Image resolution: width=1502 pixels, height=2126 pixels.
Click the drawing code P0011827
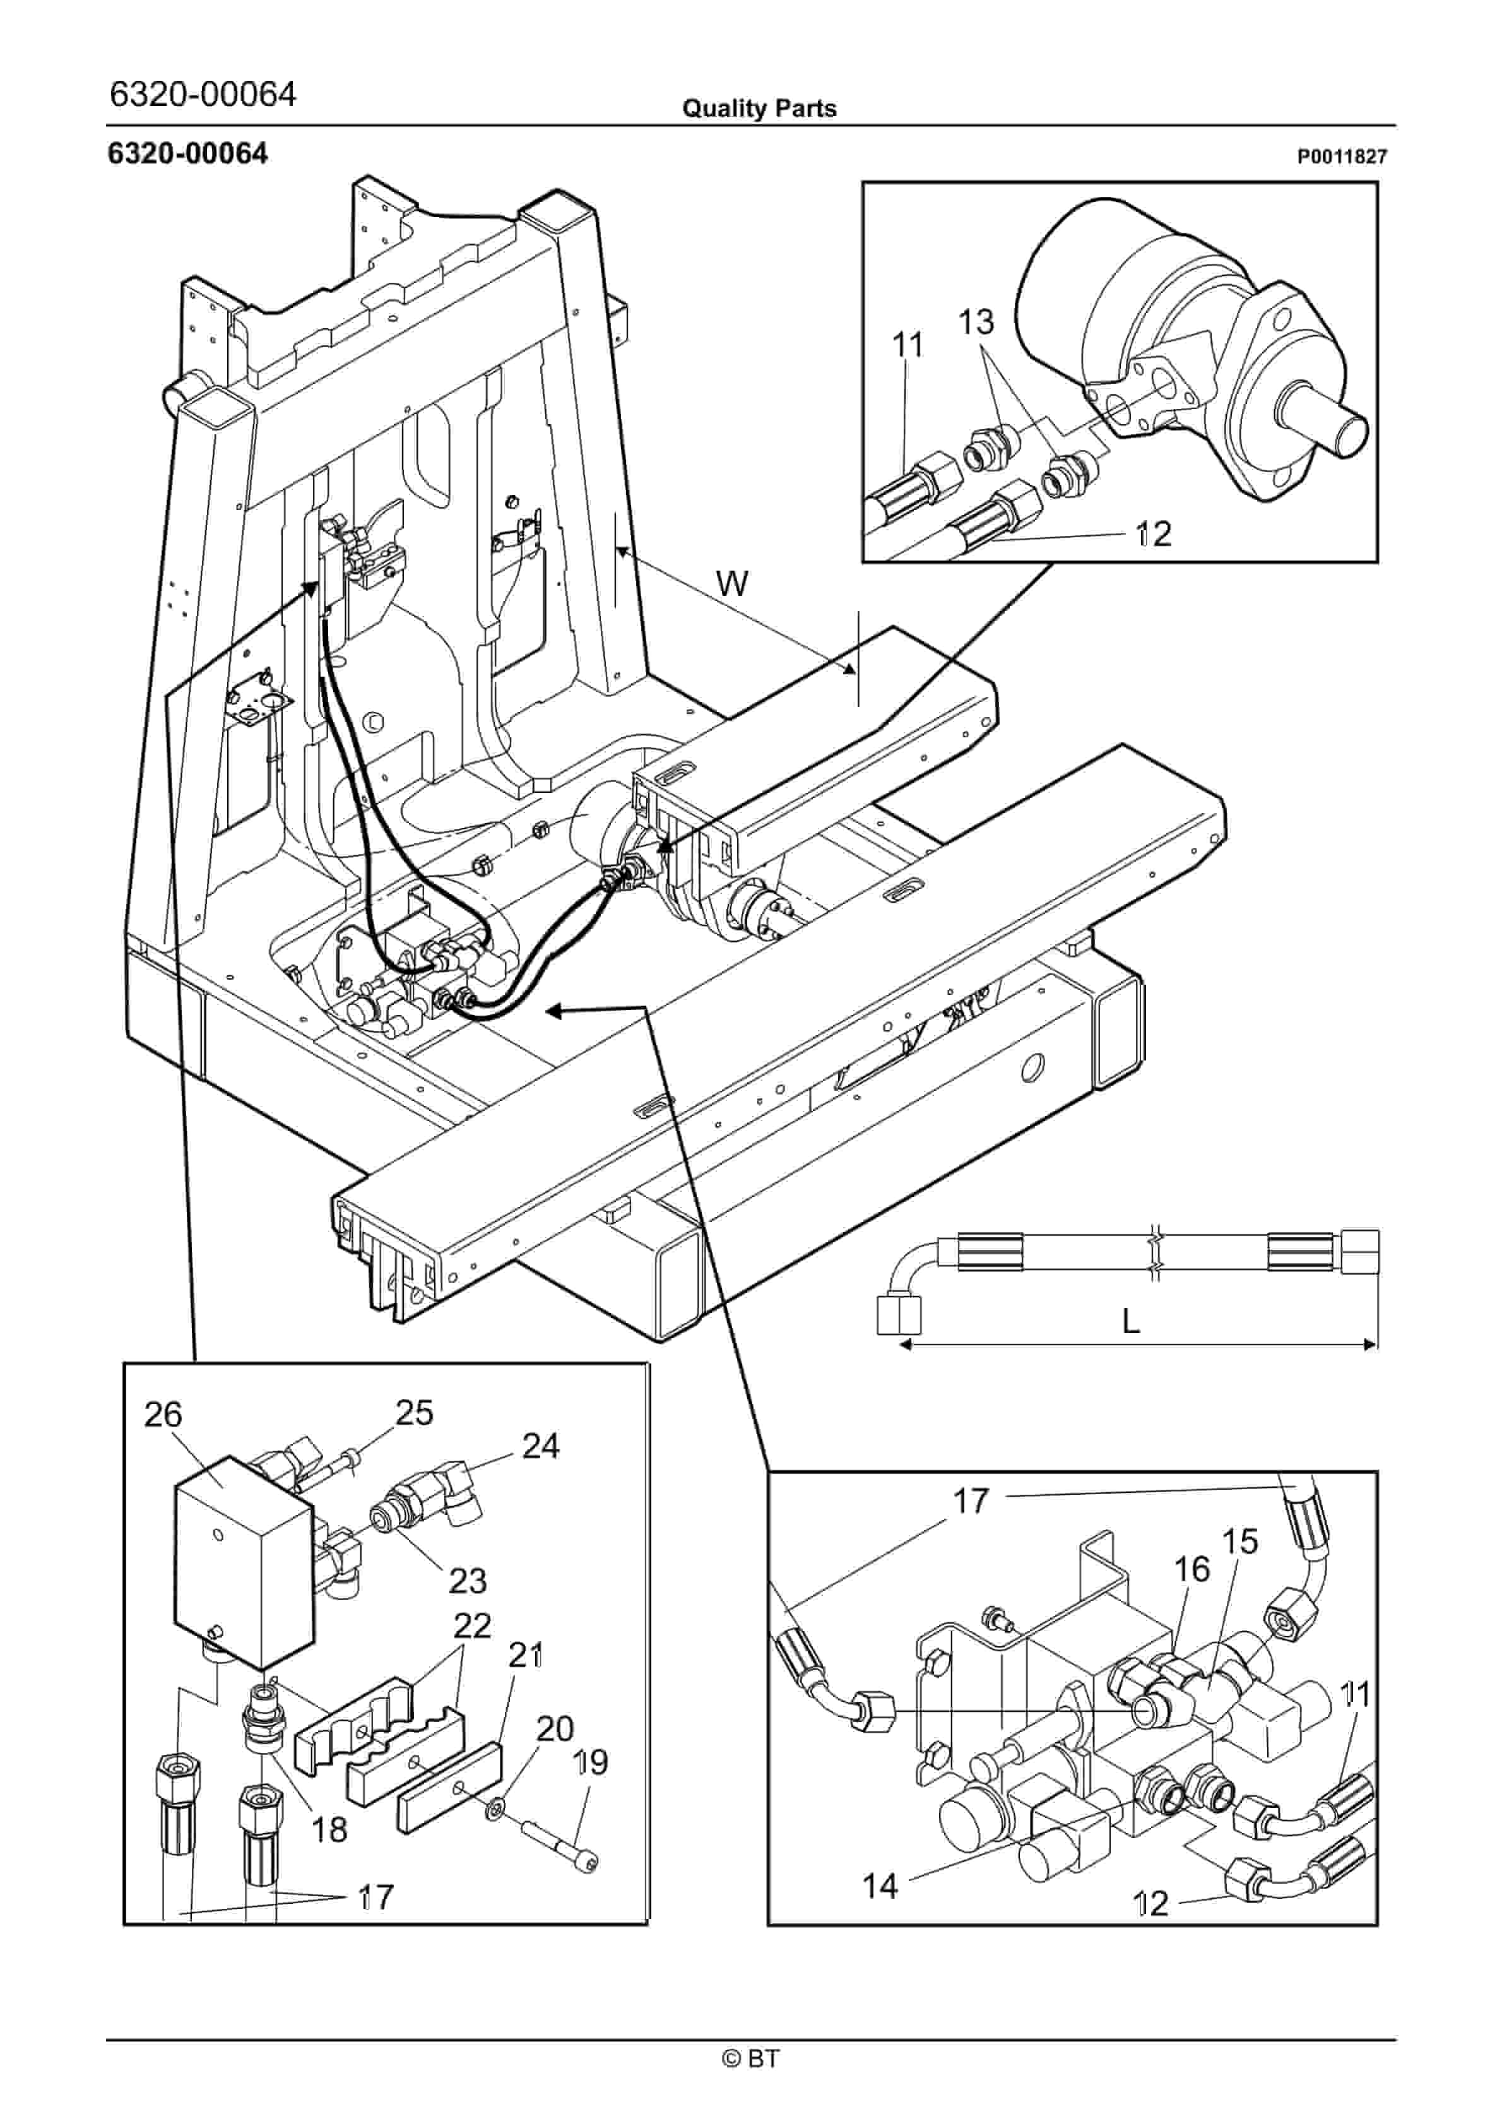[1341, 157]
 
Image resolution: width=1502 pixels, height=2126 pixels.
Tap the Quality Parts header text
[759, 109]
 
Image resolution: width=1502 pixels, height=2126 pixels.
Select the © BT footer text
[750, 2058]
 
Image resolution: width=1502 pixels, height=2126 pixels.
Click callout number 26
[163, 1414]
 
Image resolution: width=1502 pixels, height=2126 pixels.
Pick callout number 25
[414, 1412]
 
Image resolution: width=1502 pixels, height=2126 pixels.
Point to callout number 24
[541, 1446]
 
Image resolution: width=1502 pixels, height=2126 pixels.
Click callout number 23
[468, 1581]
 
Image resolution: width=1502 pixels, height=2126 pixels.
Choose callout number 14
[880, 1885]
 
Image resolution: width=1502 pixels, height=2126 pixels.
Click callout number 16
[1192, 1569]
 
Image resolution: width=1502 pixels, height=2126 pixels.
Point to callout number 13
[976, 321]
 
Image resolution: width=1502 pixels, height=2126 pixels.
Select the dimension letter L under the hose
[1131, 1321]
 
